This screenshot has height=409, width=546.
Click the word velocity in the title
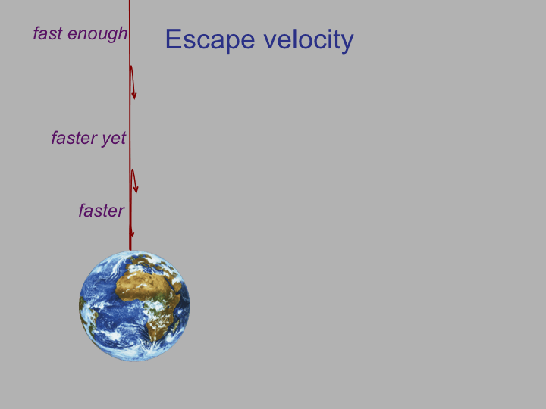click(x=309, y=39)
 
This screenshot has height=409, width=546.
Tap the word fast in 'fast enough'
click(x=48, y=33)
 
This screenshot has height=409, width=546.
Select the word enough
click(x=98, y=35)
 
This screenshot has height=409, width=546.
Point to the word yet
click(x=114, y=139)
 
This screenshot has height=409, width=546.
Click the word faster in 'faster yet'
click(x=74, y=138)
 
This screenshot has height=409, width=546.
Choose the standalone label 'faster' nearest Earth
click(x=102, y=211)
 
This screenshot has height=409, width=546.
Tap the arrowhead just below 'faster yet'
click(x=136, y=189)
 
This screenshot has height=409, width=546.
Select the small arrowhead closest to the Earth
click(x=132, y=234)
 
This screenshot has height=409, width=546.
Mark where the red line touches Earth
click(x=130, y=251)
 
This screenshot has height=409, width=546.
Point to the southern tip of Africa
click(x=153, y=339)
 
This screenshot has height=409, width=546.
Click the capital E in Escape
click(x=173, y=39)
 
